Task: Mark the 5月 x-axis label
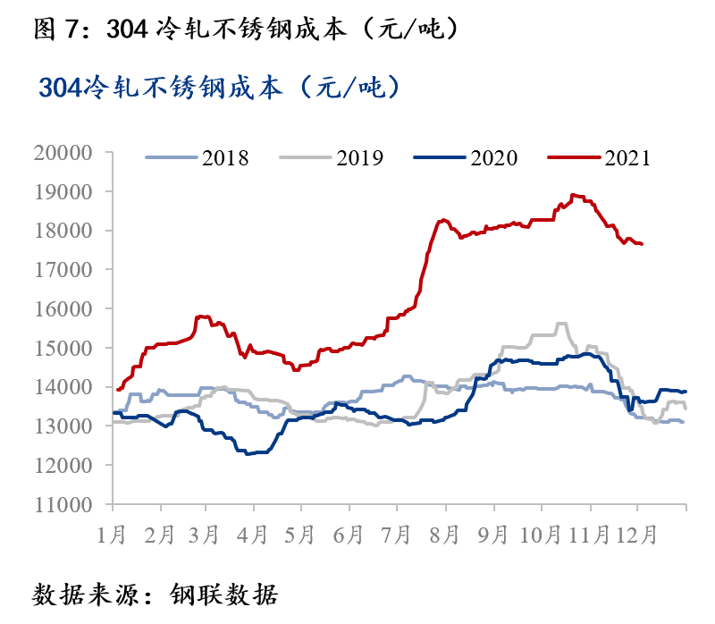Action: (300, 535)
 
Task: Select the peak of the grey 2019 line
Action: (563, 324)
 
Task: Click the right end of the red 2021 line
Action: (643, 244)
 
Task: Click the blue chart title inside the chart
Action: (220, 88)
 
